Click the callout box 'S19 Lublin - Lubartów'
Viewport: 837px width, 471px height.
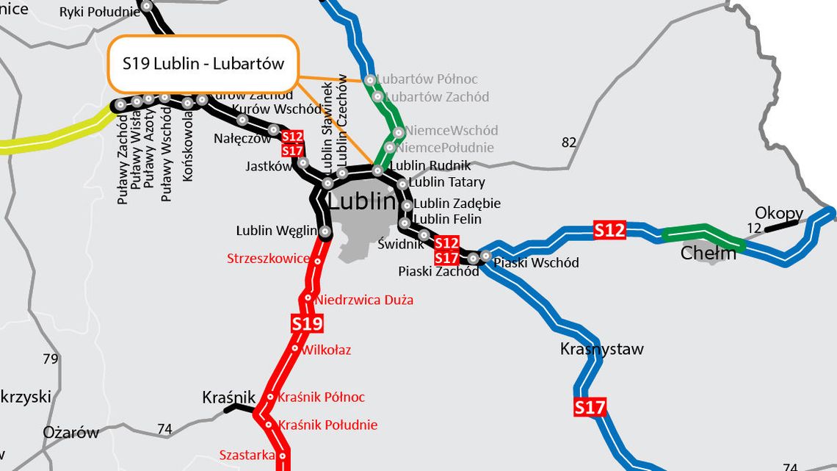(x=203, y=63)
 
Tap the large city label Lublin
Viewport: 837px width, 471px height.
(x=366, y=201)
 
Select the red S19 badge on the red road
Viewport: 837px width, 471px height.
(x=307, y=323)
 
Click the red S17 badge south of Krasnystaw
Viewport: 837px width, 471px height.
(x=589, y=407)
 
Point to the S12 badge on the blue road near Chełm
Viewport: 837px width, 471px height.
(x=609, y=231)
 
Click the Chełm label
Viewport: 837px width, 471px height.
(x=708, y=254)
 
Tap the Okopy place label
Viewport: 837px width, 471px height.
(x=778, y=214)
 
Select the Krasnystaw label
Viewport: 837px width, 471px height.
(x=601, y=349)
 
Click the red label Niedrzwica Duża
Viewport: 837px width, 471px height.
(x=364, y=300)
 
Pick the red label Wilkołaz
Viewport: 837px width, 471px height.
(x=327, y=350)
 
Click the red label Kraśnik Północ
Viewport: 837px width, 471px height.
(x=322, y=398)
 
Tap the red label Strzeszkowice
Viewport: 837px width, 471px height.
(x=268, y=259)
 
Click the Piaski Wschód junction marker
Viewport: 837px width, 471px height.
(x=485, y=256)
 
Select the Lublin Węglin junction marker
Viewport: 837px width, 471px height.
(x=325, y=232)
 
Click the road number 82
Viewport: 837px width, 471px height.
(x=569, y=143)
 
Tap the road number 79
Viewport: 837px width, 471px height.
(x=50, y=359)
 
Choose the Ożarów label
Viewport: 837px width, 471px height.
(x=70, y=432)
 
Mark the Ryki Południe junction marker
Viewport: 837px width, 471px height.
(x=147, y=6)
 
